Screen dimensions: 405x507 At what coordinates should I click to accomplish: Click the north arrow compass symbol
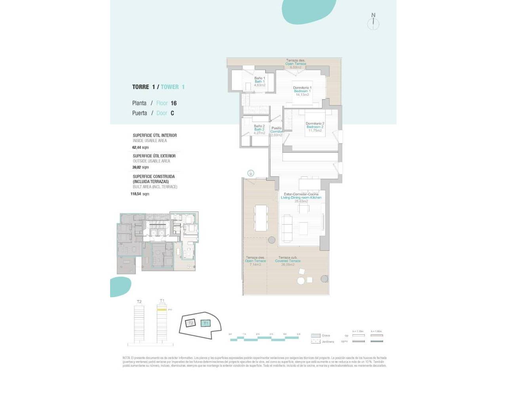[x=373, y=23]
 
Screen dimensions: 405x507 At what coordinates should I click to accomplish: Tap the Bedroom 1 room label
[x=302, y=91]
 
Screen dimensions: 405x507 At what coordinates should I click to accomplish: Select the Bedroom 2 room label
[x=315, y=127]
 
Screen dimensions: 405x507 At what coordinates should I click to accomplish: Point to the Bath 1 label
[x=259, y=81]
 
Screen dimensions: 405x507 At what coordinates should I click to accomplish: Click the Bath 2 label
[x=259, y=129]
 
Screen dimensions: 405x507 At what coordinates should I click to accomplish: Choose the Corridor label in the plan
[x=276, y=131]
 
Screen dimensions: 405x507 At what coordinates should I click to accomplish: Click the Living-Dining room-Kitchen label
[x=301, y=197]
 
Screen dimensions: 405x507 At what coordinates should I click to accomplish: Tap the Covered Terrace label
[x=288, y=261]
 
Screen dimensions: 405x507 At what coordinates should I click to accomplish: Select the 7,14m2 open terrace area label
[x=255, y=265]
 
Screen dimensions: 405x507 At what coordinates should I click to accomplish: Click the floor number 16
[x=173, y=103]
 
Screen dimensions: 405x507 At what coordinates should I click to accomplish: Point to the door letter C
[x=172, y=113]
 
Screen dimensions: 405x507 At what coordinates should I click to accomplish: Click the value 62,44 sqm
[x=140, y=148]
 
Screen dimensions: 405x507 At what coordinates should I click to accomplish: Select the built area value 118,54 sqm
[x=140, y=194]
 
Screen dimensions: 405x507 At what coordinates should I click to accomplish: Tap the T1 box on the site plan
[x=206, y=323]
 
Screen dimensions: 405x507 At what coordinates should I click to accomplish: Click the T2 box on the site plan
[x=191, y=323]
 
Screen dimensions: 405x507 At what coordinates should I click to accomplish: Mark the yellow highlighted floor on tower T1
[x=162, y=310]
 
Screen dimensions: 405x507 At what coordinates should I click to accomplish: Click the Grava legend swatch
[x=315, y=335]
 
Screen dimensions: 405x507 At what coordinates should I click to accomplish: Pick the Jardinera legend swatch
[x=315, y=341]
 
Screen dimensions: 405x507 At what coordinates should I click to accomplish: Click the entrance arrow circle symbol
[x=251, y=173]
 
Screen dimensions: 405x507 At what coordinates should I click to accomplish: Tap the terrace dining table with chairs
[x=261, y=218]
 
